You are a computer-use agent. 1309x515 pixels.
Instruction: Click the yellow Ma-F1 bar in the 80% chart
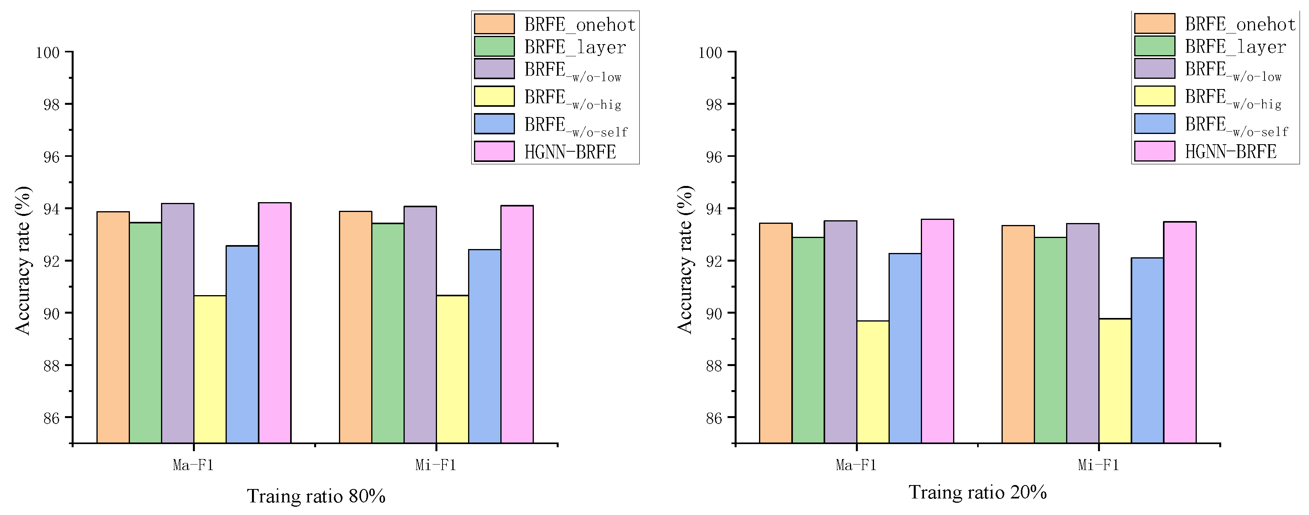pyautogui.click(x=210, y=369)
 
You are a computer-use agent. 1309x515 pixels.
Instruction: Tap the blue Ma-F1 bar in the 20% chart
pyautogui.click(x=905, y=348)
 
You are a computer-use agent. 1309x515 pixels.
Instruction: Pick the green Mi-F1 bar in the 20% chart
pyautogui.click(x=1050, y=340)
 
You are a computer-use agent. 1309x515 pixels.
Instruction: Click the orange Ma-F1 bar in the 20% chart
pyautogui.click(x=776, y=333)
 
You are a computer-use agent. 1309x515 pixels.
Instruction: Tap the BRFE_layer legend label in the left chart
pyautogui.click(x=575, y=47)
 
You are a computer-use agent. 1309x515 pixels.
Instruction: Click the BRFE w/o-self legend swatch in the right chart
pyautogui.click(x=1155, y=124)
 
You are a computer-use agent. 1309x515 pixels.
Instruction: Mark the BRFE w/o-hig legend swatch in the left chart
pyautogui.click(x=494, y=96)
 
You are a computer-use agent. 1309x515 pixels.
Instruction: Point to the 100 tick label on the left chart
pyautogui.click(x=47, y=52)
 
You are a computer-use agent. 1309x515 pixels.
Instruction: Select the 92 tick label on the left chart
pyautogui.click(x=51, y=261)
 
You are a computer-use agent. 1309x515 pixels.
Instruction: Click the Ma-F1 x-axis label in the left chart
pyautogui.click(x=193, y=465)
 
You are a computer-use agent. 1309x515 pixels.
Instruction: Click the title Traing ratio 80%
pyautogui.click(x=316, y=496)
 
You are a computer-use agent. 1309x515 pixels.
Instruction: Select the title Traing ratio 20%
pyautogui.click(x=977, y=492)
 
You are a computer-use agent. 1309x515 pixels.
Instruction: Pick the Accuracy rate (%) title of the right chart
pyautogui.click(x=685, y=260)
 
